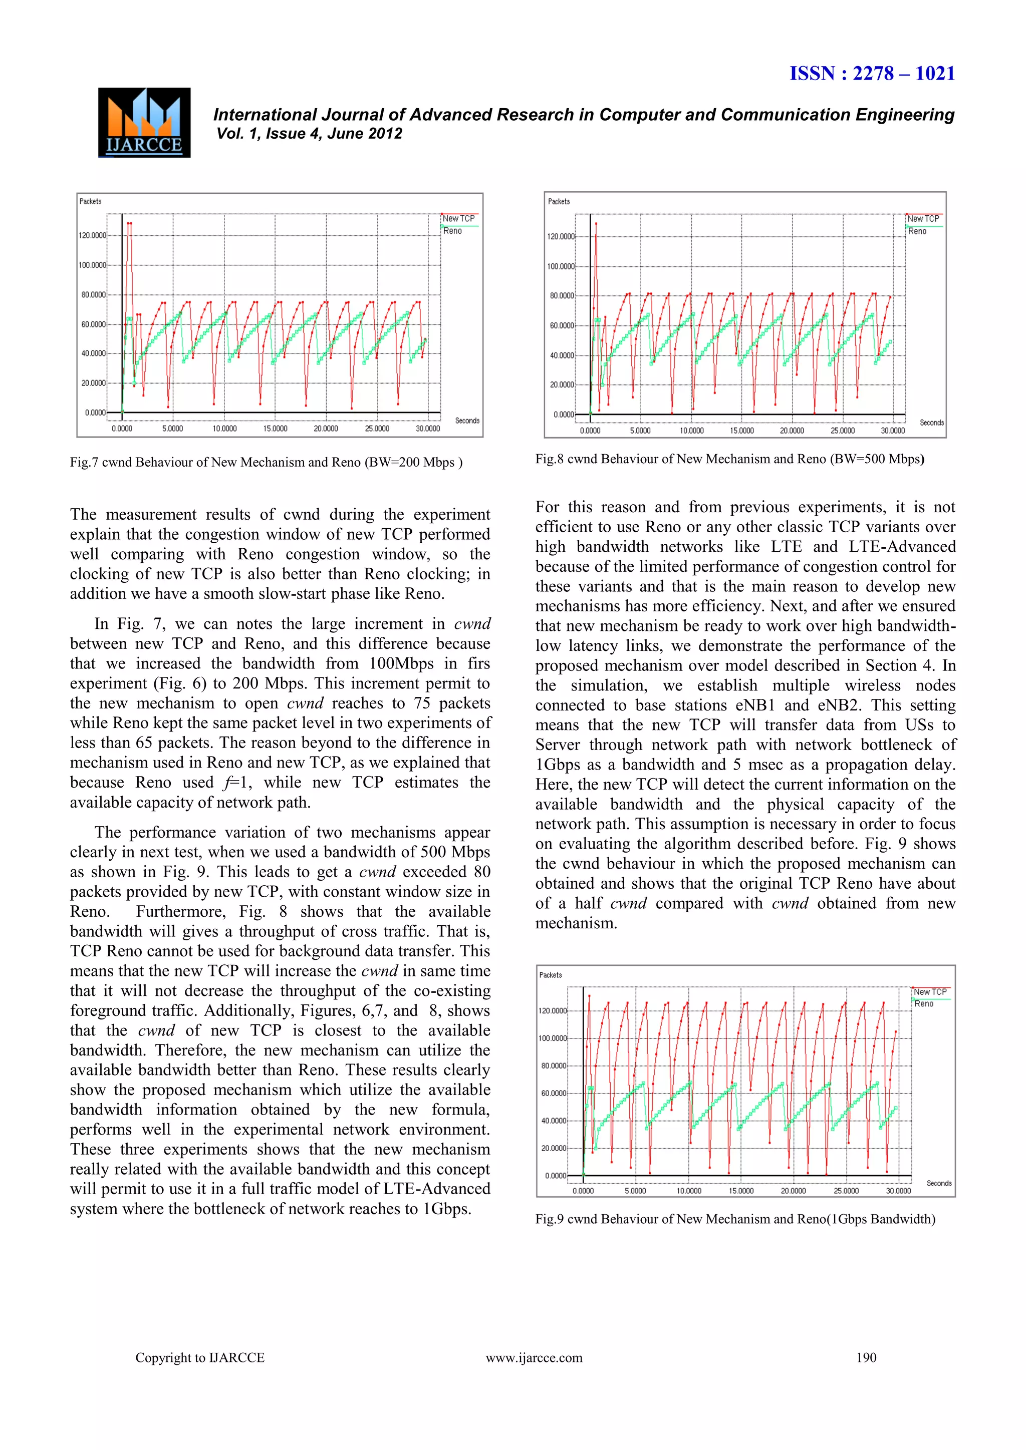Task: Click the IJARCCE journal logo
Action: tap(144, 123)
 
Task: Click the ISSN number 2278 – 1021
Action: tap(872, 74)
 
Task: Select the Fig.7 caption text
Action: tap(266, 462)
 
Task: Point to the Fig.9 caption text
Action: tap(735, 1219)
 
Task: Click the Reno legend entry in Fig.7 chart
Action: tap(452, 231)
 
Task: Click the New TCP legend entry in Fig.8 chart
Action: tap(923, 218)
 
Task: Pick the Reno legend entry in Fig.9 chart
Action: tap(924, 1003)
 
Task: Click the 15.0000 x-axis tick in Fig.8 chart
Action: tap(742, 431)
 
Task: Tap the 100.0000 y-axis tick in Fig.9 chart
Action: tap(553, 1038)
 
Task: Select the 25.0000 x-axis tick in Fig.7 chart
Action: tap(377, 429)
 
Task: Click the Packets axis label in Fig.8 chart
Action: tap(559, 201)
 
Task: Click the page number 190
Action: tap(866, 1358)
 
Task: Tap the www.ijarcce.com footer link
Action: tap(534, 1358)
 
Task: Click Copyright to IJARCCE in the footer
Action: tap(200, 1358)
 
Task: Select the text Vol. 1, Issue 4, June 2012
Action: tap(309, 134)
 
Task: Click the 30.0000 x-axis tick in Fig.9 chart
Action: tap(898, 1191)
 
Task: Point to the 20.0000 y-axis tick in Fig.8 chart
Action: tap(562, 385)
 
